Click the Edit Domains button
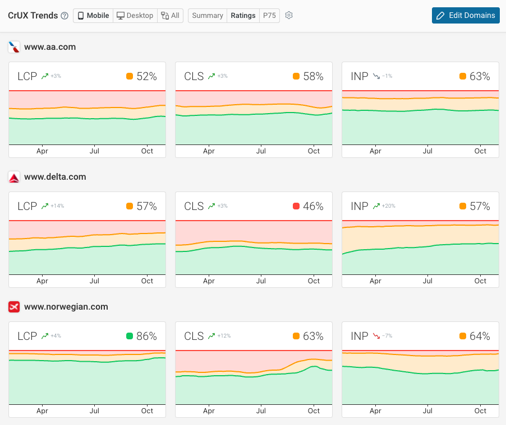pyautogui.click(x=466, y=15)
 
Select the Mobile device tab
pyautogui.click(x=93, y=16)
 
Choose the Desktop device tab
pyautogui.click(x=135, y=16)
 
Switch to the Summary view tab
pyautogui.click(x=207, y=16)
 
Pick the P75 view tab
pyautogui.click(x=269, y=16)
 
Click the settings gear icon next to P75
pyautogui.click(x=289, y=16)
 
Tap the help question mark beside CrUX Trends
pyautogui.click(x=65, y=16)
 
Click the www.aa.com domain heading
pyautogui.click(x=49, y=47)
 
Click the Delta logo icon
pyautogui.click(x=15, y=177)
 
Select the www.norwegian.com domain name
pyautogui.click(x=66, y=307)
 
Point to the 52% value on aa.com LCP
pyautogui.click(x=146, y=77)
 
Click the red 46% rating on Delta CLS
pyautogui.click(x=313, y=206)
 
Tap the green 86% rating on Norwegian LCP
pyautogui.click(x=146, y=336)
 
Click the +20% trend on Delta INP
pyautogui.click(x=388, y=206)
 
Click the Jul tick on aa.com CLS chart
pyautogui.click(x=261, y=151)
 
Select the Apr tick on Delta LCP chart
pyautogui.click(x=42, y=281)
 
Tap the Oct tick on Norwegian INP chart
pyautogui.click(x=480, y=411)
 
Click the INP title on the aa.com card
pyautogui.click(x=359, y=77)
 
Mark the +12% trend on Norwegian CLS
pyautogui.click(x=224, y=336)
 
